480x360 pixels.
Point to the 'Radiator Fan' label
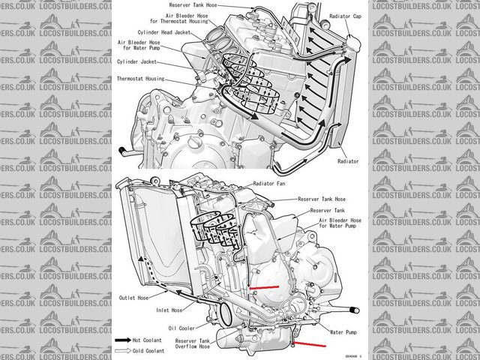(x=274, y=183)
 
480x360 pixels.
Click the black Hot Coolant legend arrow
(x=121, y=339)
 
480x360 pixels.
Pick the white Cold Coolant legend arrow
(x=121, y=350)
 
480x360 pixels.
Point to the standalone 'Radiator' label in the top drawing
(x=347, y=161)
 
